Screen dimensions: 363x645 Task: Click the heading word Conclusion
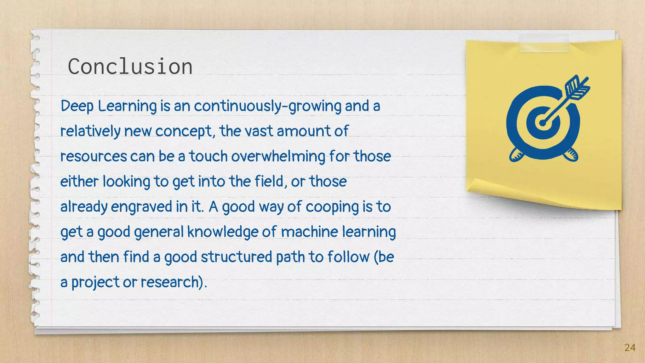pyautogui.click(x=130, y=67)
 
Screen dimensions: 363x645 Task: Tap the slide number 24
pyautogui.click(x=630, y=348)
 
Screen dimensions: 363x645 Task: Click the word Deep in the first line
pyautogui.click(x=77, y=106)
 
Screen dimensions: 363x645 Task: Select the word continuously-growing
pyautogui.click(x=267, y=107)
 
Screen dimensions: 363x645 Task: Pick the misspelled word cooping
pyautogui.click(x=332, y=207)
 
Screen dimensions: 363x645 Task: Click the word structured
pyautogui.click(x=236, y=257)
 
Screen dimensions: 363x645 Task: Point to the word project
pyautogui.click(x=95, y=282)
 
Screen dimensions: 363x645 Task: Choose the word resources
pyautogui.click(x=94, y=157)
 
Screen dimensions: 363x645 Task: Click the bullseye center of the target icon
pyautogui.click(x=542, y=123)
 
